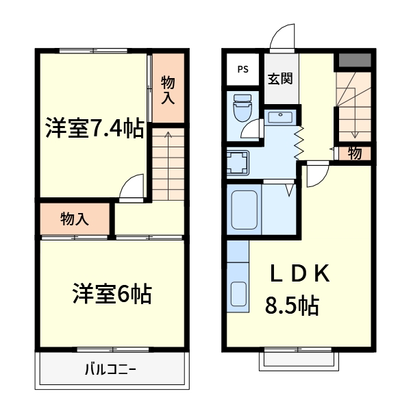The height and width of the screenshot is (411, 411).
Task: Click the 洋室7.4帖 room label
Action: pyautogui.click(x=95, y=128)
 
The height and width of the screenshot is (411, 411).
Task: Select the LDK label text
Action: pyautogui.click(x=299, y=274)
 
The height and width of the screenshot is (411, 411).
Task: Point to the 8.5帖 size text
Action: pyautogui.click(x=292, y=306)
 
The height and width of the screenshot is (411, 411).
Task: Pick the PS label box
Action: pyautogui.click(x=243, y=69)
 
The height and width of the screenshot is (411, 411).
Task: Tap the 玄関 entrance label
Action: pyautogui.click(x=279, y=77)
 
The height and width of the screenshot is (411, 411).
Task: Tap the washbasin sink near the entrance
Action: pyautogui.click(x=279, y=117)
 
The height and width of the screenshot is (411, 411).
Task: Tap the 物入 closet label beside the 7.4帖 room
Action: pyautogui.click(x=168, y=90)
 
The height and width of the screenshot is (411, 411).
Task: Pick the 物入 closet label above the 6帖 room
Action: pyautogui.click(x=75, y=219)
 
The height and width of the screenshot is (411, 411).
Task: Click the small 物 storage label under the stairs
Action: pyautogui.click(x=354, y=153)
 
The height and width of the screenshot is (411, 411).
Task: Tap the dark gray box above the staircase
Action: pyautogui.click(x=354, y=60)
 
